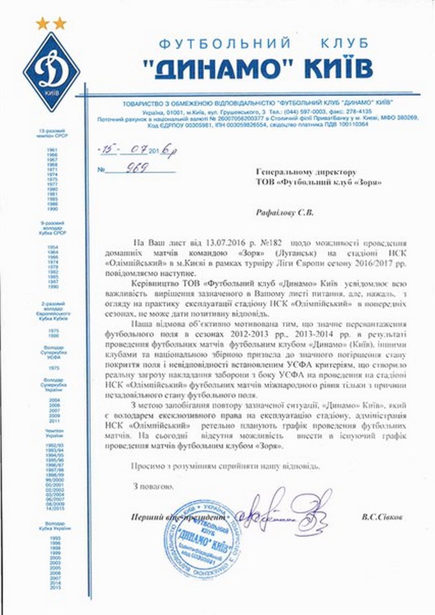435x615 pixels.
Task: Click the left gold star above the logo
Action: click(42, 24)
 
